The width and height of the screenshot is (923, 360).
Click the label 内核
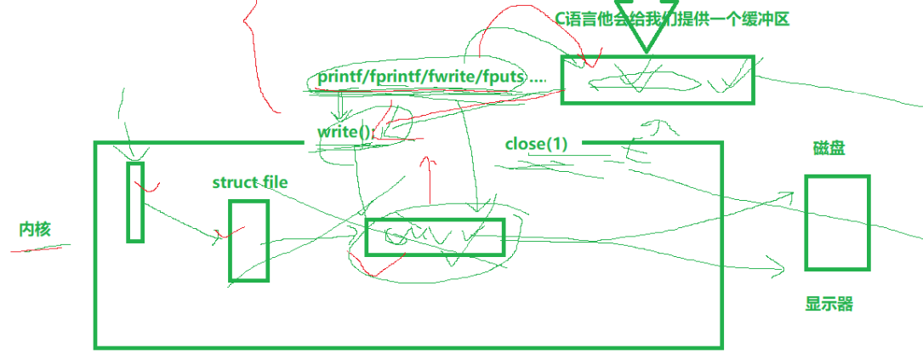pos(37,229)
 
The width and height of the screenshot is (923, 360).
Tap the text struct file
pos(250,182)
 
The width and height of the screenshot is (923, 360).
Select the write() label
pos(345,132)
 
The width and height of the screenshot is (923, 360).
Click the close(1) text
pos(535,143)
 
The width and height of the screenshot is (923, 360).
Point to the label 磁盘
pos(829,150)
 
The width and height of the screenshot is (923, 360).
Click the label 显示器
pos(829,304)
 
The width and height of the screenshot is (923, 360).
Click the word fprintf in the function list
pos(392,77)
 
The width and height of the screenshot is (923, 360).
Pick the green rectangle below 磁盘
pos(837,222)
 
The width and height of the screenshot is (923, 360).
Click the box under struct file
pos(248,240)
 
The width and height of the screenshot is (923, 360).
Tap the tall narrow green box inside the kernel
pos(135,201)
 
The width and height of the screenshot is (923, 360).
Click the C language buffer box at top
pos(657,80)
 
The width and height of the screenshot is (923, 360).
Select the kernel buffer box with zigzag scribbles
pos(435,237)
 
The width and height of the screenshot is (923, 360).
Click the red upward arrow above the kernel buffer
pos(430,179)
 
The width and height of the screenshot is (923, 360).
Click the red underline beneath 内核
pos(39,248)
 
